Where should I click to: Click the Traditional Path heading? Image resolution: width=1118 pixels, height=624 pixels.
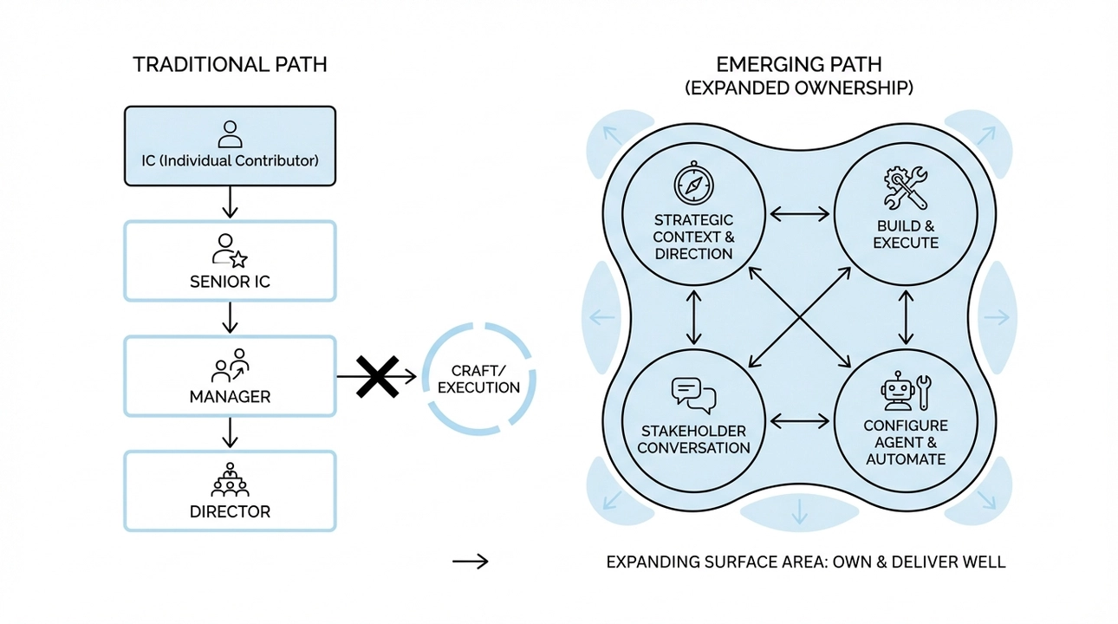(x=230, y=65)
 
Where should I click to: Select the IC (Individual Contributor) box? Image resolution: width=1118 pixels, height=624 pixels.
(x=230, y=146)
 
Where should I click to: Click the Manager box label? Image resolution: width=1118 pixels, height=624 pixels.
(x=230, y=397)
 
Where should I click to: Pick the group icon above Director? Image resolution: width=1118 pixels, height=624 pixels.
(x=230, y=479)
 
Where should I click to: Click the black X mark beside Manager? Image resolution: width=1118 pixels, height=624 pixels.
(x=378, y=376)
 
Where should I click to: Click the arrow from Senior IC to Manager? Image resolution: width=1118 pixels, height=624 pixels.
(x=230, y=317)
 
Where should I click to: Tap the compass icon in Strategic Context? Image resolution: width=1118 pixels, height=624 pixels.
(x=693, y=185)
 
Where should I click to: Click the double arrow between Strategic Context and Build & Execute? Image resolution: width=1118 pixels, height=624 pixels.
(x=800, y=212)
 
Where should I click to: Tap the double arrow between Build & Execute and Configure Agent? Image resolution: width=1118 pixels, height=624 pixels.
(x=907, y=317)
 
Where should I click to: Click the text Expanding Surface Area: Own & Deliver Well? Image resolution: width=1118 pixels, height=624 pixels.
(x=805, y=562)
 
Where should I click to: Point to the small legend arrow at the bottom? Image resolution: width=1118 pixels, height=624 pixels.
(x=471, y=562)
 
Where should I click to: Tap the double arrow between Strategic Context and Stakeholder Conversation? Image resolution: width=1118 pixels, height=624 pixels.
(x=693, y=317)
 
